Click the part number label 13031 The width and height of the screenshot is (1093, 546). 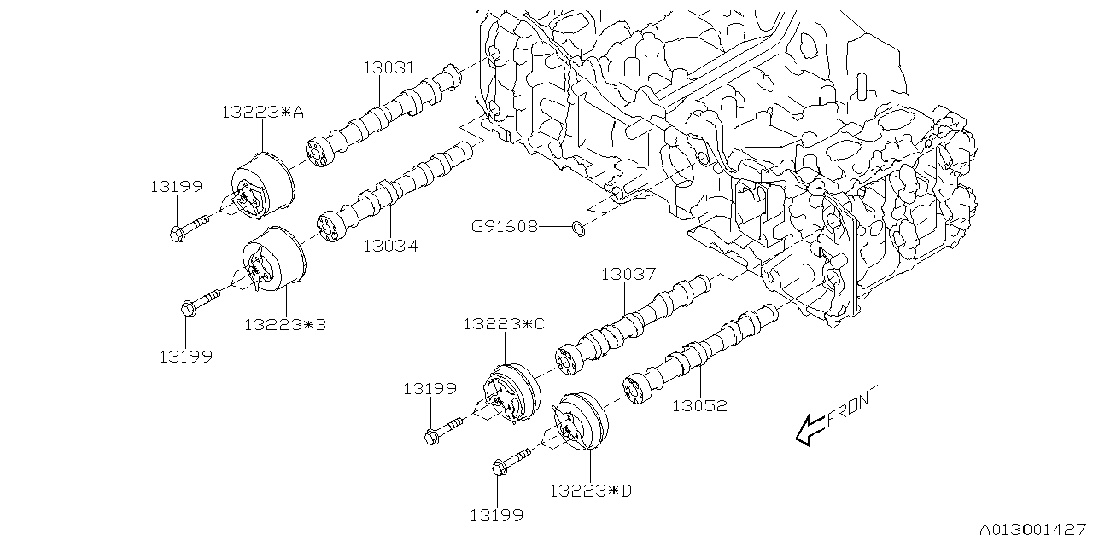coord(390,67)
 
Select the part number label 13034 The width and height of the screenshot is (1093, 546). coord(390,247)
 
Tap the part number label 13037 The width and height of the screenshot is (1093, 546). coord(628,274)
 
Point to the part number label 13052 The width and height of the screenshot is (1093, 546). coord(699,406)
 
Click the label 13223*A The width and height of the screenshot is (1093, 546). coord(262,112)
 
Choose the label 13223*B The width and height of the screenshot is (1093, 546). coord(285,325)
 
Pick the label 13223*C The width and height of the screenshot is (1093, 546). coord(504,324)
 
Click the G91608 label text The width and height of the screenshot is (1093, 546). coord(505,227)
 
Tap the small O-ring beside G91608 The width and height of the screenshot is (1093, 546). coord(578,228)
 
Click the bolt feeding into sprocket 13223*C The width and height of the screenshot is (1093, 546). coord(446,427)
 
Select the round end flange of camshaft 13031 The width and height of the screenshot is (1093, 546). coord(319,153)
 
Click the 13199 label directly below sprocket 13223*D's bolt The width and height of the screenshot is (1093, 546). coord(496,514)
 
